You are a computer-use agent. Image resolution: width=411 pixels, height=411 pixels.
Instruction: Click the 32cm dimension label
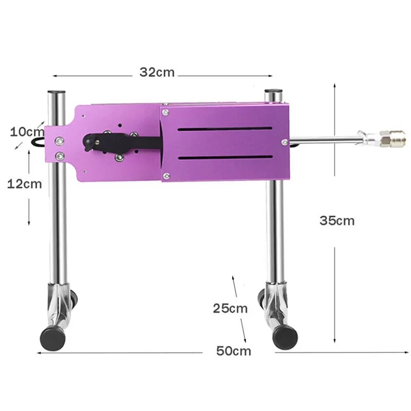[x=157, y=72]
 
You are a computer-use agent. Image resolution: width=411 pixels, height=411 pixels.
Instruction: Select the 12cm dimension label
[x=24, y=183]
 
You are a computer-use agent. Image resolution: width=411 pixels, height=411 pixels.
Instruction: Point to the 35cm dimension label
[x=337, y=220]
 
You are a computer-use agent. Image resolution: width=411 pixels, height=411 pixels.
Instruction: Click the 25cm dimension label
[x=230, y=308]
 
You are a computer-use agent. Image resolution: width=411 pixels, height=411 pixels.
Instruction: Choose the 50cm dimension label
[x=234, y=351]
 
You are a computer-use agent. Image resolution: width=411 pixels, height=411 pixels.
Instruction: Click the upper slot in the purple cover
[x=224, y=129]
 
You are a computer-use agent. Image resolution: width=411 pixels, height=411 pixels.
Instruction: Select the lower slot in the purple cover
[x=224, y=158]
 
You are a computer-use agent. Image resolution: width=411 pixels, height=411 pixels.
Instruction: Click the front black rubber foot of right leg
[x=285, y=336]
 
